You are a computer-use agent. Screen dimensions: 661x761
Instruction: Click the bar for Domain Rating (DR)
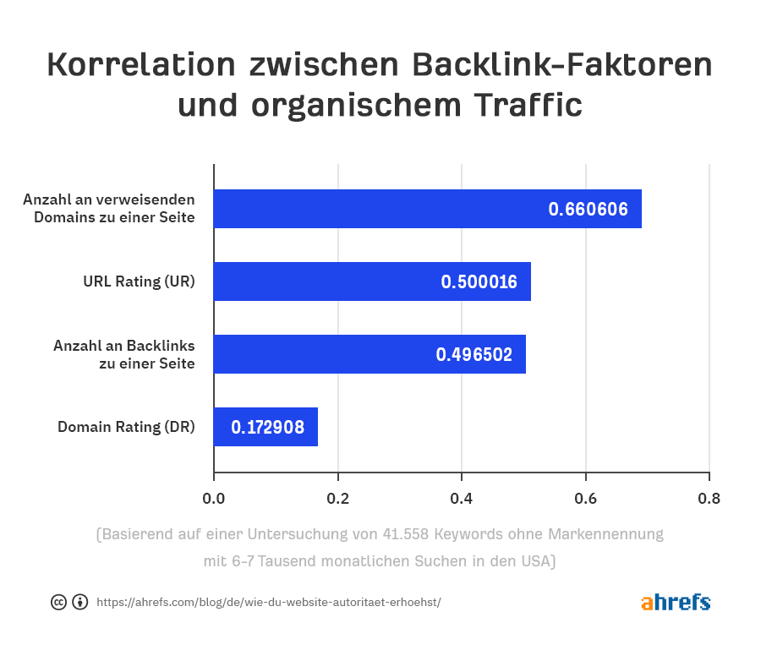click(x=266, y=427)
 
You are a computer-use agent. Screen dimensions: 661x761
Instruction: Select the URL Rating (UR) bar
click(x=372, y=281)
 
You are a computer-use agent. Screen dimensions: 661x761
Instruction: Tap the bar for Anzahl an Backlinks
click(x=370, y=354)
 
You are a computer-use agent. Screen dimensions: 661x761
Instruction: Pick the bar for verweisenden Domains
click(x=427, y=209)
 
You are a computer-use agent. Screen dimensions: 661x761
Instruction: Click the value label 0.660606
click(x=588, y=210)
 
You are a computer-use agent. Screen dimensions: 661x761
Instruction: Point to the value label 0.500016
click(x=479, y=282)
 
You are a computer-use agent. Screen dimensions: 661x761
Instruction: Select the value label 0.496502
click(x=474, y=355)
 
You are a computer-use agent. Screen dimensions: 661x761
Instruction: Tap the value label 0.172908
click(x=268, y=428)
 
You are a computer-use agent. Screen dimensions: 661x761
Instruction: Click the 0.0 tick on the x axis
click(x=214, y=498)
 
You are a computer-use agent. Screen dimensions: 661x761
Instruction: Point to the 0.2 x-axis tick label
click(x=337, y=498)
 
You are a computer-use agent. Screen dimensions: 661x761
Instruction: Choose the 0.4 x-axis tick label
click(x=462, y=498)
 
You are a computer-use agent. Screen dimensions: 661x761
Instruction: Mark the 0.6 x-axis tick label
click(x=585, y=498)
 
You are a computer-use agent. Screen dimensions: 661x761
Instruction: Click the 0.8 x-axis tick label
click(x=709, y=498)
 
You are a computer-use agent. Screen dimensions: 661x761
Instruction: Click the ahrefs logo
click(x=676, y=602)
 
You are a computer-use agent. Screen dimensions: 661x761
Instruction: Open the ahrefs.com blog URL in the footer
click(x=268, y=603)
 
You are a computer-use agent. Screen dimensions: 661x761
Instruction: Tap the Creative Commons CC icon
click(x=58, y=603)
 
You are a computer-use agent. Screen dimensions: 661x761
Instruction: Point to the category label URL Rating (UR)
click(x=139, y=281)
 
